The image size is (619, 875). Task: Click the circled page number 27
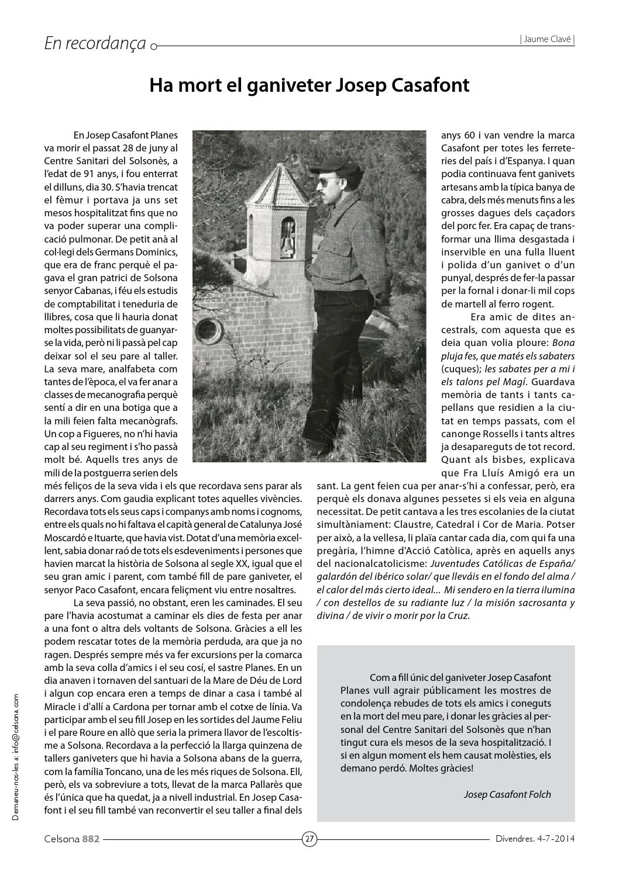309,839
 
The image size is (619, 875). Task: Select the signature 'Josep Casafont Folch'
507,794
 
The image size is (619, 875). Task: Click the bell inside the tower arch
287,227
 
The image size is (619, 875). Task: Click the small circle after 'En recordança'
153,46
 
